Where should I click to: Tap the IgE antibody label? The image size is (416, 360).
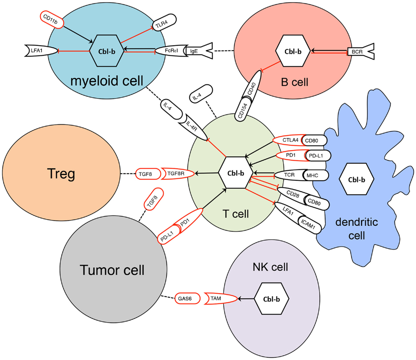pos(194,50)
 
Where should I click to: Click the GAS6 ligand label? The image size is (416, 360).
pos(182,298)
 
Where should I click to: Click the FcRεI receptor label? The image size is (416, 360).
pos(172,50)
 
